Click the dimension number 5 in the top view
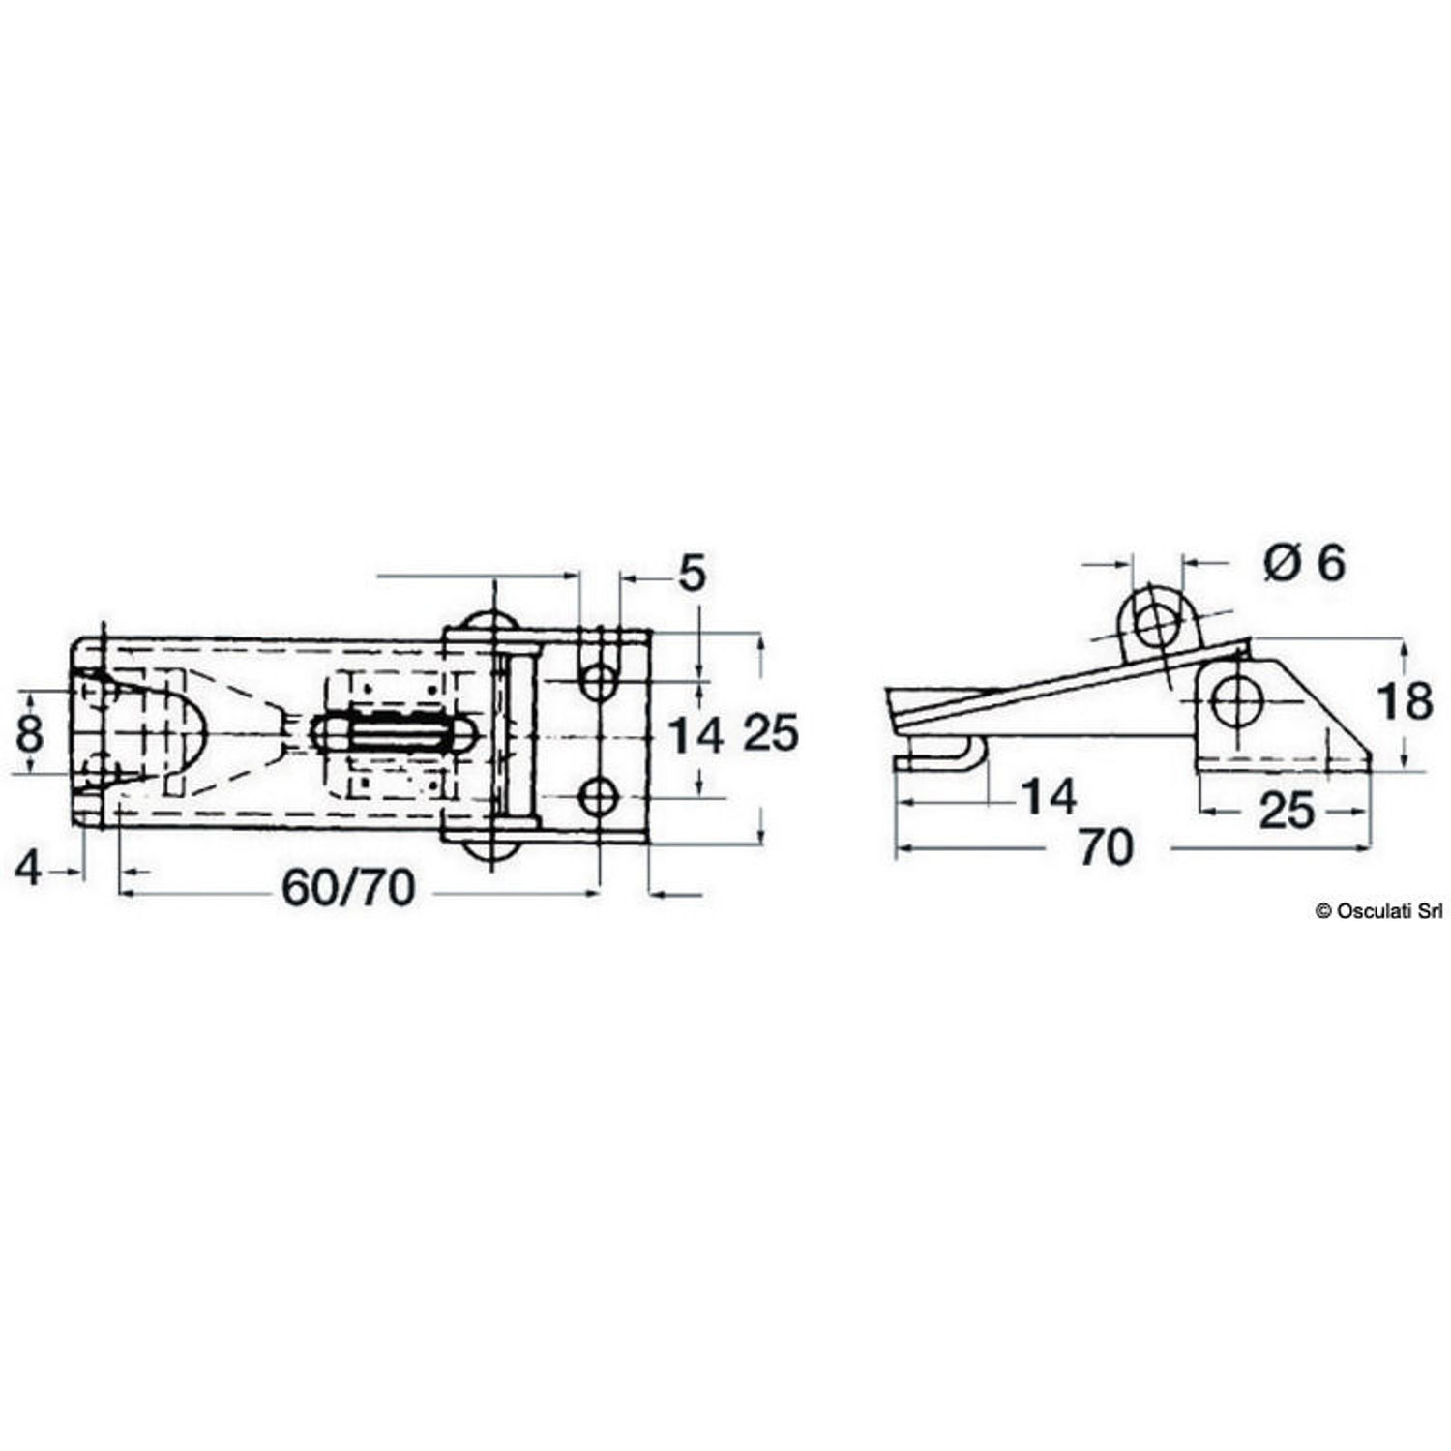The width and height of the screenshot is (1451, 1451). click(x=693, y=574)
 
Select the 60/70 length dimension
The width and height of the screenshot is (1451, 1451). click(x=348, y=887)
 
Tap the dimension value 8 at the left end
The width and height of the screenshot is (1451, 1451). click(x=30, y=732)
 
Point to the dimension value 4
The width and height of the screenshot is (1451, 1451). click(x=29, y=870)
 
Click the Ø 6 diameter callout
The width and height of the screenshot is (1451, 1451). click(x=1305, y=561)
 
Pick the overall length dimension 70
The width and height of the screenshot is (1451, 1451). click(x=1105, y=848)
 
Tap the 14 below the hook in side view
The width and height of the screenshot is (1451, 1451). click(x=1049, y=798)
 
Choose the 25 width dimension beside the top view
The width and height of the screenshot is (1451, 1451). click(x=771, y=732)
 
